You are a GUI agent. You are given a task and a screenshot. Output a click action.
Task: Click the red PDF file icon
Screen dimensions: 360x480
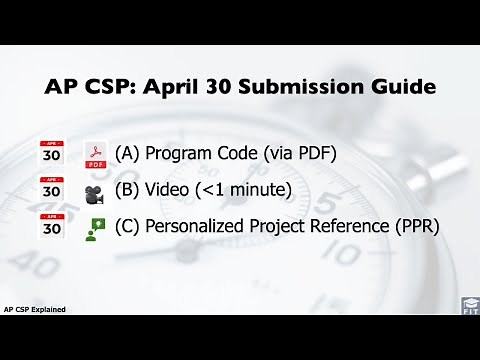pyautogui.click(x=96, y=155)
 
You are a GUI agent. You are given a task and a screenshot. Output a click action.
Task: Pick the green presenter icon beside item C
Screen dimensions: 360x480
pyautogui.click(x=96, y=227)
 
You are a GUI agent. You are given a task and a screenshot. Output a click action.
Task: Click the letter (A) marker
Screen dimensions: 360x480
pyautogui.click(x=127, y=154)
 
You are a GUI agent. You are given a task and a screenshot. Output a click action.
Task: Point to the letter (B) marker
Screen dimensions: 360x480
pyautogui.click(x=127, y=190)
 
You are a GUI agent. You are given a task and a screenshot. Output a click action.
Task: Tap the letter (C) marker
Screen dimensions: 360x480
pyautogui.click(x=127, y=226)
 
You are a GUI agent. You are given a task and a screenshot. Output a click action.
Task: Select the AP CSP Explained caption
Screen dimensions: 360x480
pyautogui.click(x=35, y=309)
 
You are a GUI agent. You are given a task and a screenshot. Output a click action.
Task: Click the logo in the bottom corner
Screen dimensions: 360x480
pyautogui.click(x=468, y=304)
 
